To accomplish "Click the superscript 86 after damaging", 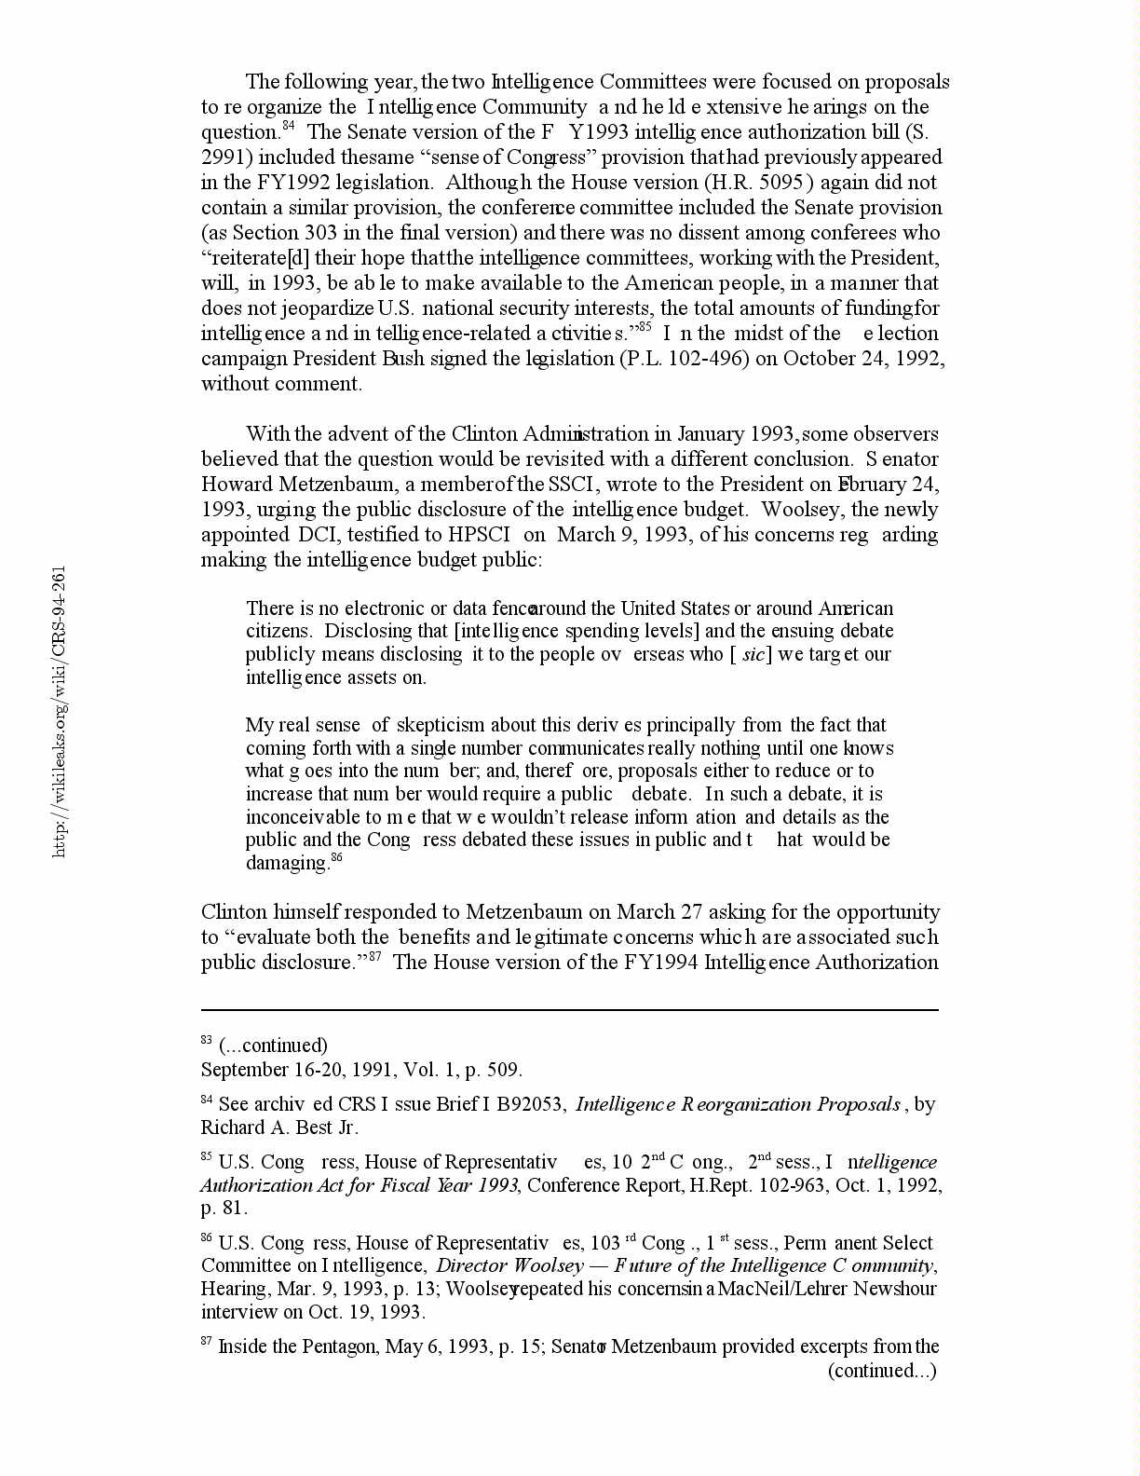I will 337,857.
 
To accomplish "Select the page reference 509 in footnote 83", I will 504,1070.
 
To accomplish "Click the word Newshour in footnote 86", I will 895,1289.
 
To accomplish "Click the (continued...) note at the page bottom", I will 882,1370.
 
